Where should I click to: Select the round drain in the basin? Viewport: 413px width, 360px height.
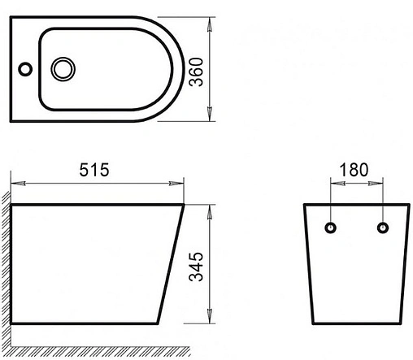click(62, 68)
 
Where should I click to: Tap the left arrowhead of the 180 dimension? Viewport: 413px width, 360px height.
click(334, 183)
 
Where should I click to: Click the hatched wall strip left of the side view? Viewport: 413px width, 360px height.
click(5, 260)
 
